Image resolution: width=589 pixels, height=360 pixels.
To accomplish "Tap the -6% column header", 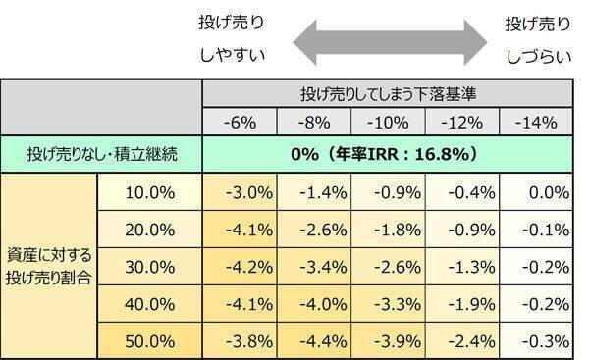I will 241,124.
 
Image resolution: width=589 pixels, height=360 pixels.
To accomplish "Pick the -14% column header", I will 536,124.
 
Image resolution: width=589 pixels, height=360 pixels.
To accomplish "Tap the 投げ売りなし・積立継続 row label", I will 101,154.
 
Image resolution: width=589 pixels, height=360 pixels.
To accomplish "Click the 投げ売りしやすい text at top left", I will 233,35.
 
